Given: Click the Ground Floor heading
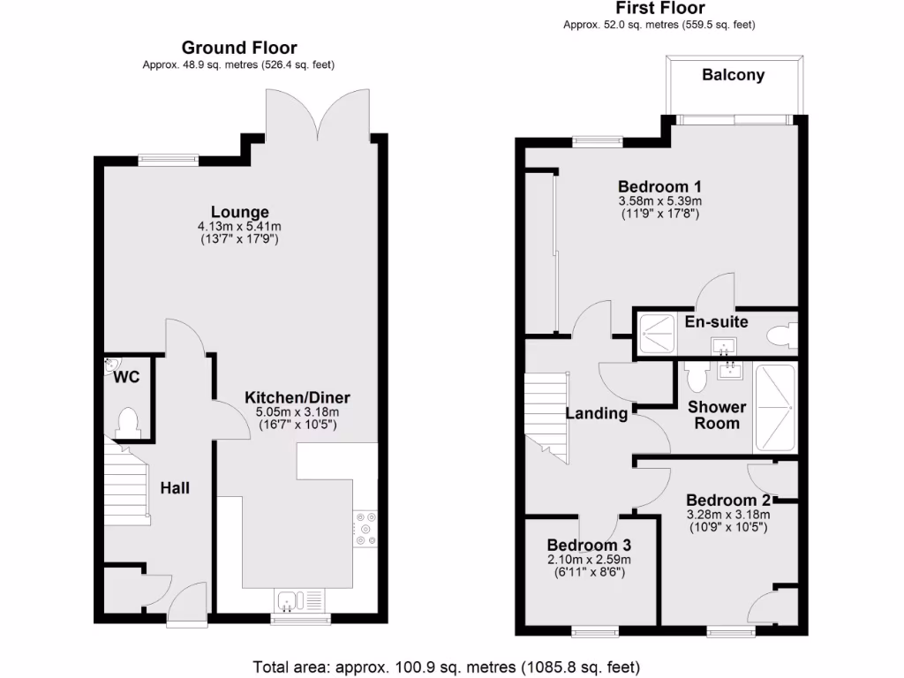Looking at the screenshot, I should click(239, 48).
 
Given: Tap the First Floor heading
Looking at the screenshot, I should click(659, 9).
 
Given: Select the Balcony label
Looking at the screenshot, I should click(733, 75).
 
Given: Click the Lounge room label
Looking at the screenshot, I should click(239, 212).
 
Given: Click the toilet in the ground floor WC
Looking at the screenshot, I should click(128, 422).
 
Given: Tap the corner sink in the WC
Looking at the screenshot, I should click(112, 364).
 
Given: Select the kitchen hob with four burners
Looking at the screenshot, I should click(365, 529).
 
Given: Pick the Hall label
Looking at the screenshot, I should click(175, 487).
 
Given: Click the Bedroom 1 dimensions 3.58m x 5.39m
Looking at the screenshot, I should click(659, 201).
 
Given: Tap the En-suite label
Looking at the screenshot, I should click(716, 321).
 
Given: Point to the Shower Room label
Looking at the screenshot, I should click(717, 415).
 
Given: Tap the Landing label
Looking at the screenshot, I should click(597, 413).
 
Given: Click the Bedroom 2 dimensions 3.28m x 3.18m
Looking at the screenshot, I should click(728, 516).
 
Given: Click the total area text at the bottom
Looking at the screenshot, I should click(446, 667).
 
